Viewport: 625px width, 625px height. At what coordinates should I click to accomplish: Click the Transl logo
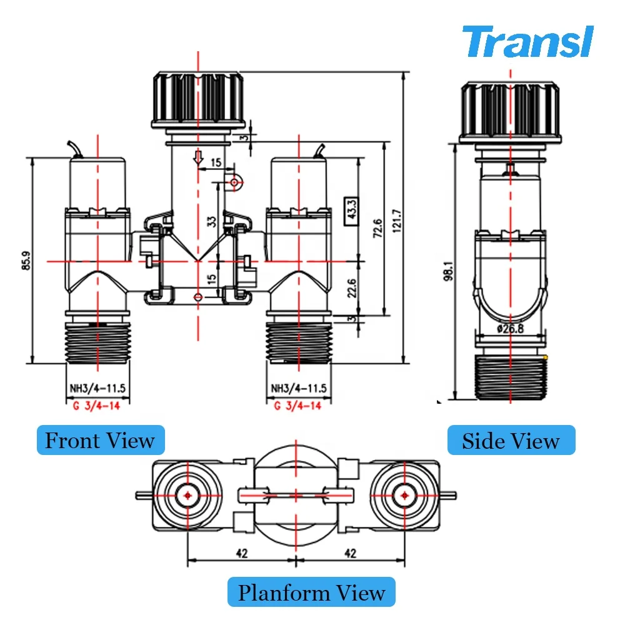(x=526, y=42)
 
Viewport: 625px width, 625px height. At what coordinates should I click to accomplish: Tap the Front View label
(x=100, y=440)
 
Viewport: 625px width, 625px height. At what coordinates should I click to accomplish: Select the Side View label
(x=511, y=441)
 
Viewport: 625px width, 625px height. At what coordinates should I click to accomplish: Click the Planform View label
(x=311, y=591)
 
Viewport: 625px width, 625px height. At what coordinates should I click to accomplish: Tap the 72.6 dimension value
(x=377, y=229)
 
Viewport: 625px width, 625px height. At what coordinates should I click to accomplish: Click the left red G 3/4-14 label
(x=97, y=405)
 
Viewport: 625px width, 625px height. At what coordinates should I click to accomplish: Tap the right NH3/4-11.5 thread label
(x=298, y=388)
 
